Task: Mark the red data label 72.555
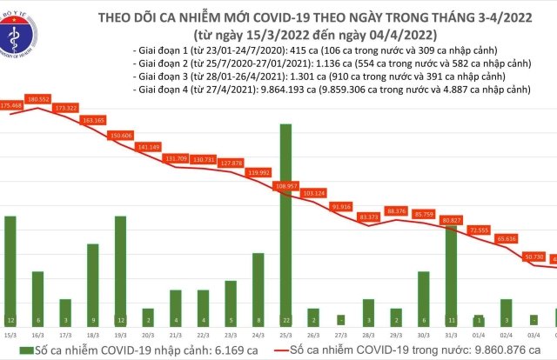(x=478, y=230)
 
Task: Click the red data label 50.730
(x=533, y=256)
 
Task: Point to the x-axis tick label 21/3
(x=175, y=334)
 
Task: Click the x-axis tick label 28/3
(x=367, y=334)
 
